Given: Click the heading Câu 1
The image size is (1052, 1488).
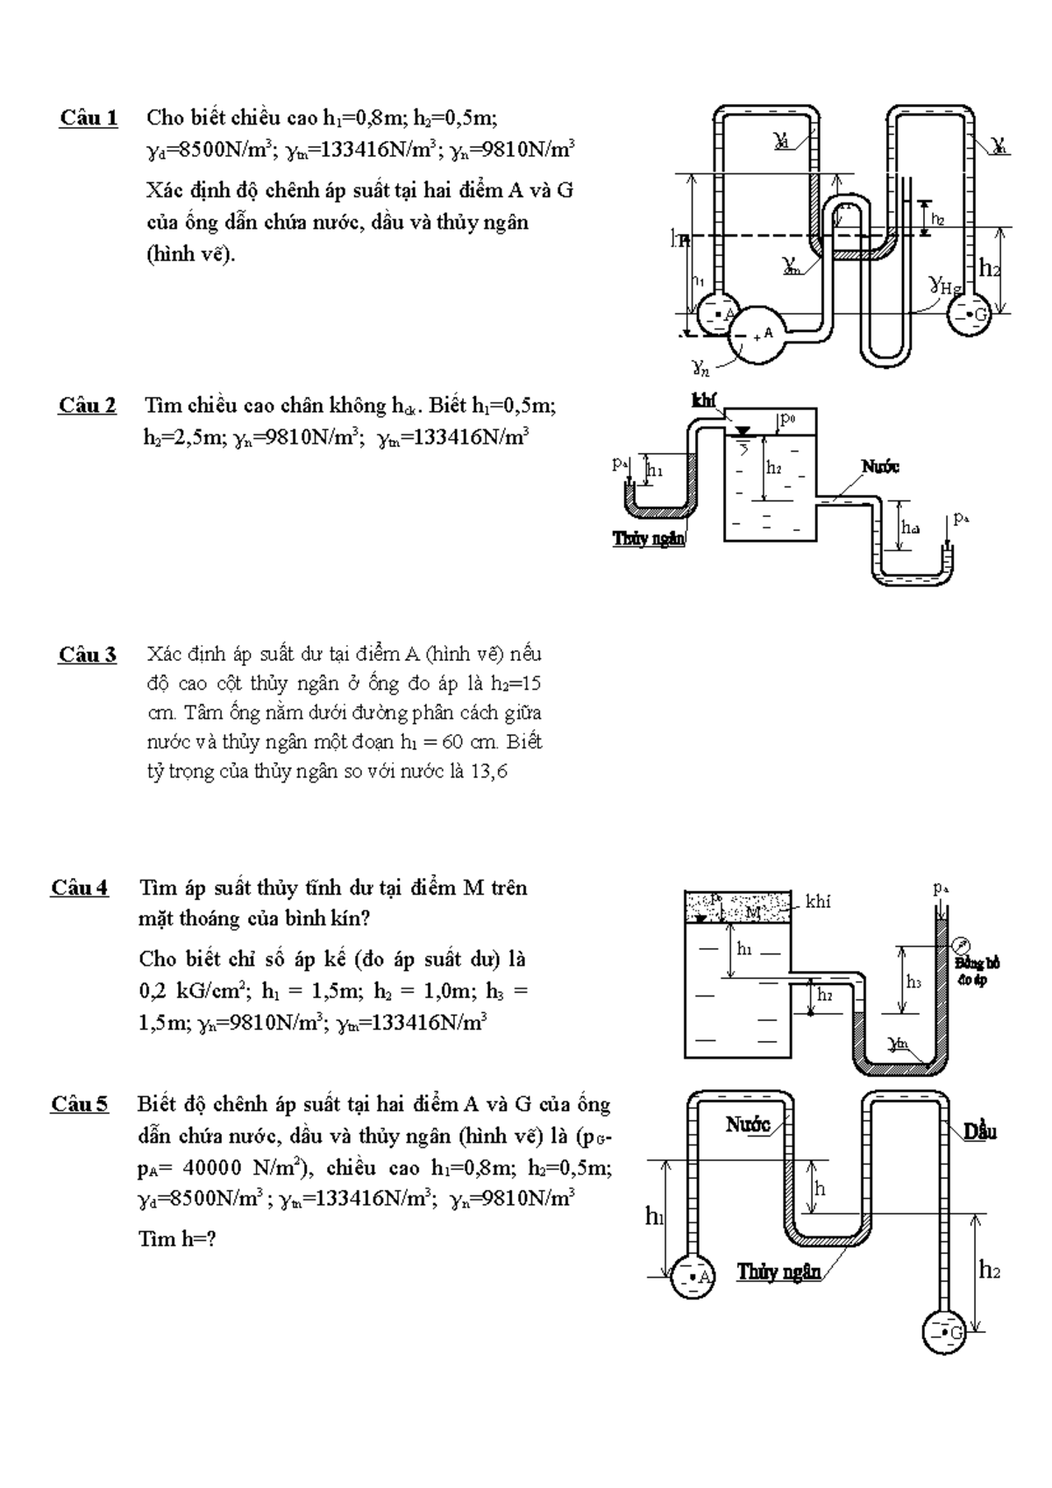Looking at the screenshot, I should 89,117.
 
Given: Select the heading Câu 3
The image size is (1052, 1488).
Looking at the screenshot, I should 88,655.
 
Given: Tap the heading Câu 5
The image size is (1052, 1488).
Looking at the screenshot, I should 80,1104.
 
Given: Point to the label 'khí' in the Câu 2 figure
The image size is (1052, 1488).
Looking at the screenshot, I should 704,400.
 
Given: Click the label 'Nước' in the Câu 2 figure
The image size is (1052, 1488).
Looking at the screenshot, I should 880,467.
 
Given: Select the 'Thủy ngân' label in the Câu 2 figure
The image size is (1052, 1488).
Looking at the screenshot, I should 649,539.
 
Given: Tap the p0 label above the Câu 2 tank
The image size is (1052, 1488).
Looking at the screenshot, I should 788,420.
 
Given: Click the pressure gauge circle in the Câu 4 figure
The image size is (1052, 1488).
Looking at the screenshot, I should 963,946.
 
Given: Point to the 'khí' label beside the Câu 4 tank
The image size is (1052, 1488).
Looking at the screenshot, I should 817,902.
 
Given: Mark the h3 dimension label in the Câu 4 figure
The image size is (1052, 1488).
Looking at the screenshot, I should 913,982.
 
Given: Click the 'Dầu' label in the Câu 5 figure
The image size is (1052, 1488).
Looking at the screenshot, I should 980,1131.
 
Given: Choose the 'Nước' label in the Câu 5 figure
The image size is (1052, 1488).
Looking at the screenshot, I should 747,1124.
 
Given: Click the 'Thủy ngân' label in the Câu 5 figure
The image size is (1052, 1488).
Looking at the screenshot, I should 778,1272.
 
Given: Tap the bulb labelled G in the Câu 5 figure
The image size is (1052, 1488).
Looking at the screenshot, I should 944,1333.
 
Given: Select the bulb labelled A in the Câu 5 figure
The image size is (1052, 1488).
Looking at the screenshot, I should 693,1277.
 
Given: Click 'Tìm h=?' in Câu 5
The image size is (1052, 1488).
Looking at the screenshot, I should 177,1239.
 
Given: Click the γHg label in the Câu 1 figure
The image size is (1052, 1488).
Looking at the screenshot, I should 945,285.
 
